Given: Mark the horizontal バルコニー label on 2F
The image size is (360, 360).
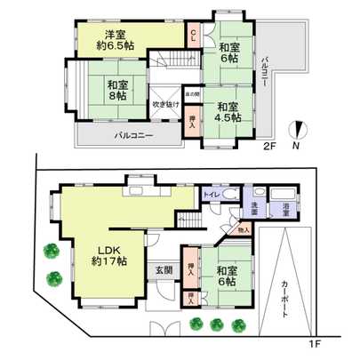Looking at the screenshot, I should pos(132,136).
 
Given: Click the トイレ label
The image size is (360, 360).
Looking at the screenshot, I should pos(212,194).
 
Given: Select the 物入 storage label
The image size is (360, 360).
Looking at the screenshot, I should pos(244,231).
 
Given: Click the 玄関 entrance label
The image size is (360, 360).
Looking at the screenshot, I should pos(164,269).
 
